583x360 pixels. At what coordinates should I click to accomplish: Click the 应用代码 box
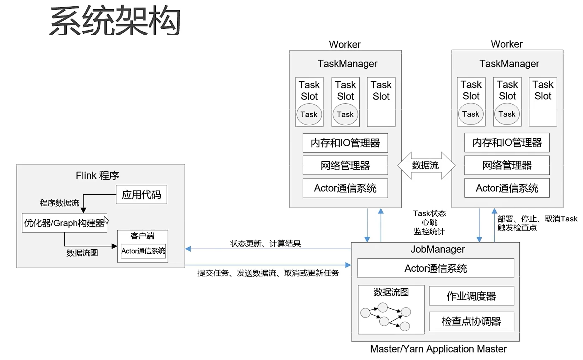141,195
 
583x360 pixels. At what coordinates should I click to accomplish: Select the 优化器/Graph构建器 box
64,223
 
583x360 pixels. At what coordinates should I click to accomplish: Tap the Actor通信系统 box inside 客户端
143,251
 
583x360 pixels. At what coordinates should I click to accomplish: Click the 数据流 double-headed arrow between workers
425,165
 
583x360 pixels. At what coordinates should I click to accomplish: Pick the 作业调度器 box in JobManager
471,296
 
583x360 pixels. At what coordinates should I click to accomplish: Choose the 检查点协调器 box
471,321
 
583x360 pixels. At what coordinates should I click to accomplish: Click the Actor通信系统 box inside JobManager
435,268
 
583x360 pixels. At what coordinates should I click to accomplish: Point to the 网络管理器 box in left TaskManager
345,165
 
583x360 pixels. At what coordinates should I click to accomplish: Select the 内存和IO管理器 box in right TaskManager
507,143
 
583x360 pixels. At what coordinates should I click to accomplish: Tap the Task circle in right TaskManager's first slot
470,114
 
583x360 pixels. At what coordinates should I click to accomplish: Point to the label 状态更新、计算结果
265,243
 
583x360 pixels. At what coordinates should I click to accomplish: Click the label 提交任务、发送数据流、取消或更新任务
268,273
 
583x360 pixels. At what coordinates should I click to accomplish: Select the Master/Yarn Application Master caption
438,349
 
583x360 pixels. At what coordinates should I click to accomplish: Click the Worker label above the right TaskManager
507,44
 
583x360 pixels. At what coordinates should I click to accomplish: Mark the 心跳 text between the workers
429,222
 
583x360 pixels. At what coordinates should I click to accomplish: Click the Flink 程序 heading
97,175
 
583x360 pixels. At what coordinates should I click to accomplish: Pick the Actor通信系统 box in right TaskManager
507,188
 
